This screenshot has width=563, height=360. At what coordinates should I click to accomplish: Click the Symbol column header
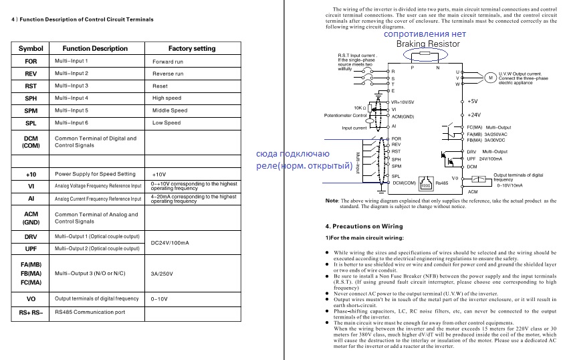coord(31,48)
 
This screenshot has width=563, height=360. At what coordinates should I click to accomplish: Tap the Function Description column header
coord(95,48)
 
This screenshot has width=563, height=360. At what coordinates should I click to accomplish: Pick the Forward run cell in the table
coord(168,62)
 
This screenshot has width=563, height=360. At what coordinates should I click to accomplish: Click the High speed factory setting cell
coord(166,98)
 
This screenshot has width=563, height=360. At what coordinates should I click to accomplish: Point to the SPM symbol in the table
coord(31,110)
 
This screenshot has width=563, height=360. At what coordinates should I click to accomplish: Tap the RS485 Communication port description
coord(90,312)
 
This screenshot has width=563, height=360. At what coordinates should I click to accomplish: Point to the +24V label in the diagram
coord(474,114)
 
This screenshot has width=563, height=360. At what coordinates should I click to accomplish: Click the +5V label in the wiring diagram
coord(472,101)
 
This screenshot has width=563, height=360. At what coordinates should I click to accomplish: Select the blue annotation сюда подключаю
coord(293,153)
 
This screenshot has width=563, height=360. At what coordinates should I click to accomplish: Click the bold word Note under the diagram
coord(331,201)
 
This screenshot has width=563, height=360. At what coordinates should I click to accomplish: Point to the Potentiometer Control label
coord(346,116)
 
